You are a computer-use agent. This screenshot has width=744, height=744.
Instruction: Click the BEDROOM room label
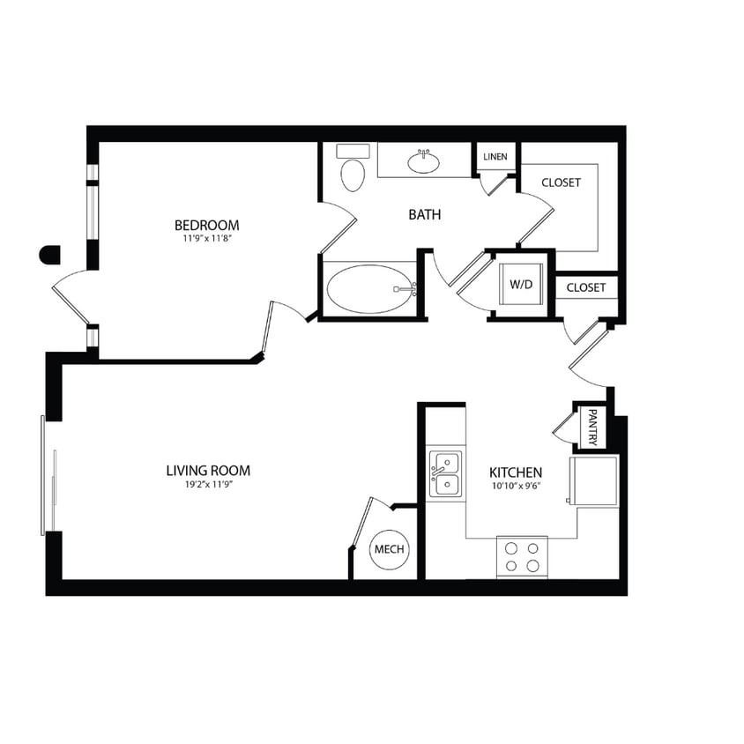[x=206, y=225]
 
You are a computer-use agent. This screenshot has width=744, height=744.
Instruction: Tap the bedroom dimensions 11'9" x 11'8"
[x=206, y=238]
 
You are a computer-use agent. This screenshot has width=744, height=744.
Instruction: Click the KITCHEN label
[x=516, y=472]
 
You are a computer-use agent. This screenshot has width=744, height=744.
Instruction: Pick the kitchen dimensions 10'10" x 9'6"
[x=516, y=486]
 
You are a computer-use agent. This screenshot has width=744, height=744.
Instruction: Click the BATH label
[x=424, y=214]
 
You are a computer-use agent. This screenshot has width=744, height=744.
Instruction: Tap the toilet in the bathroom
[x=353, y=172]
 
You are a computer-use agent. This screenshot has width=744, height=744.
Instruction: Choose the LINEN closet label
[x=495, y=157]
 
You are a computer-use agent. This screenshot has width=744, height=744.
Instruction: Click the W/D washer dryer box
[x=521, y=285]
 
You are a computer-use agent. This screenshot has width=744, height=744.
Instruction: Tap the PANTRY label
[x=592, y=427]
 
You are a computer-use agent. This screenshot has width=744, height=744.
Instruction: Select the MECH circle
[x=389, y=549]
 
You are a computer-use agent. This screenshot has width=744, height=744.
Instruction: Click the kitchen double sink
[x=445, y=474]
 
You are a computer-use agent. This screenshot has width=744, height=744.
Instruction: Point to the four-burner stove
[x=521, y=556]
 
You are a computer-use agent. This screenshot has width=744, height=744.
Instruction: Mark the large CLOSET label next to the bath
[x=561, y=182]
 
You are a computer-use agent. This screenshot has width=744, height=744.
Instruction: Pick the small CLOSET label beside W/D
[x=586, y=287]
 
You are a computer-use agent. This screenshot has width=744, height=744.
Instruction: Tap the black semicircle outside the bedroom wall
[x=50, y=255]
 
